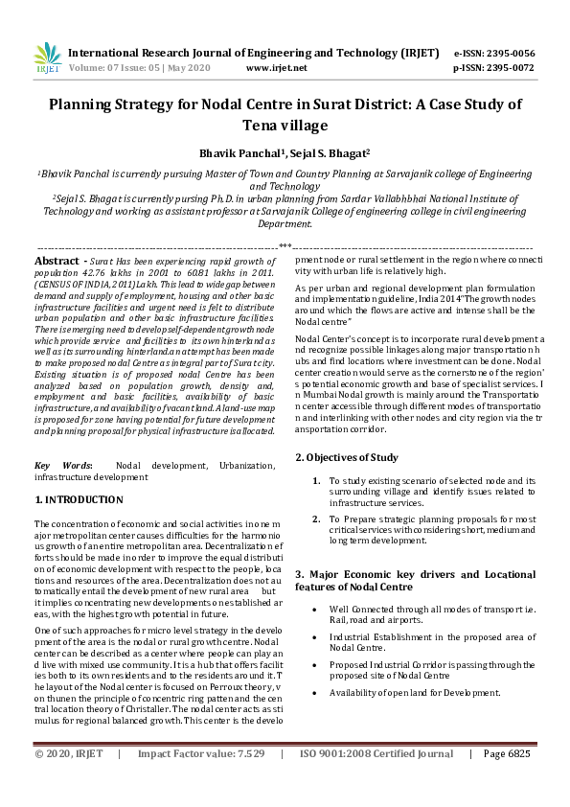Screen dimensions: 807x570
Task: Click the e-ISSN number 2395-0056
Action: (x=507, y=54)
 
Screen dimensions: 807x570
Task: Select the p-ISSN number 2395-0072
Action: (x=507, y=69)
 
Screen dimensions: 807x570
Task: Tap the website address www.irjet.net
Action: (x=277, y=69)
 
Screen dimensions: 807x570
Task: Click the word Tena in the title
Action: (x=243, y=125)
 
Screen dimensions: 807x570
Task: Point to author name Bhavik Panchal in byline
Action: (x=238, y=152)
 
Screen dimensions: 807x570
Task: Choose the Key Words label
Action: (x=63, y=465)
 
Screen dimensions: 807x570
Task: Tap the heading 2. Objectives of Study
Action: (x=346, y=456)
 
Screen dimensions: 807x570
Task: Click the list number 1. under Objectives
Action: (x=316, y=479)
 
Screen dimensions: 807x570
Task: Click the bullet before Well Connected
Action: (x=317, y=609)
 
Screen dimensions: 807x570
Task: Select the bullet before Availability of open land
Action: (x=317, y=692)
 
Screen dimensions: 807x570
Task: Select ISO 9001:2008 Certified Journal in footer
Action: (x=376, y=781)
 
